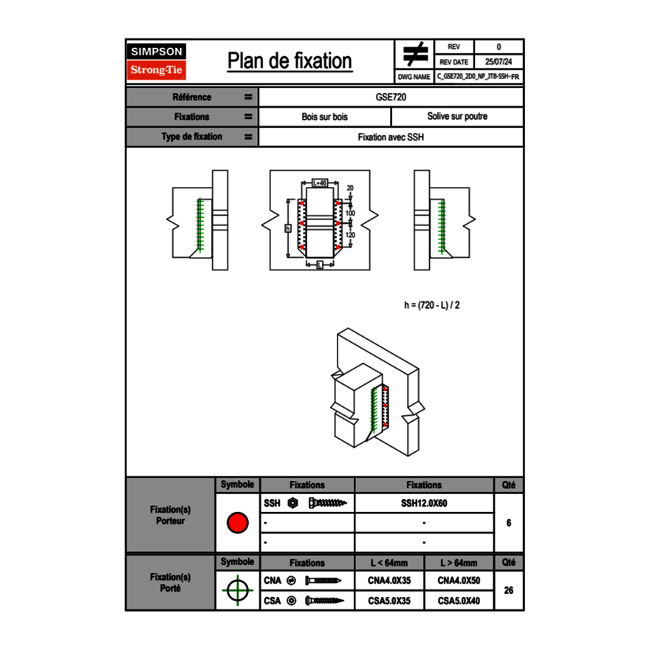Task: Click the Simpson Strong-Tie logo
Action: [157, 61]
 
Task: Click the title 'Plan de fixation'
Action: [290, 61]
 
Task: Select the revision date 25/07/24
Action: [499, 61]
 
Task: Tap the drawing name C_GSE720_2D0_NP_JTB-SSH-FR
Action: [479, 76]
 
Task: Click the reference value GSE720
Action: [391, 97]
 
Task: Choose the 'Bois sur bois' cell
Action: [324, 117]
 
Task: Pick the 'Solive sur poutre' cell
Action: [456, 117]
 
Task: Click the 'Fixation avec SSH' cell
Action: [391, 137]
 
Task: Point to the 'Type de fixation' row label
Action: [191, 137]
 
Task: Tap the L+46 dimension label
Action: [319, 182]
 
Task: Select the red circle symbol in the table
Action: [237, 523]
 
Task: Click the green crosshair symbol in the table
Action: [237, 590]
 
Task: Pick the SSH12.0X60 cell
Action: [424, 503]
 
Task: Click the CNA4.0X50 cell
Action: [459, 581]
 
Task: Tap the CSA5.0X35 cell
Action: [389, 601]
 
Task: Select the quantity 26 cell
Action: [508, 590]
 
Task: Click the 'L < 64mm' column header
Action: [389, 563]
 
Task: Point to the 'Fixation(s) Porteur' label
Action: [171, 515]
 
